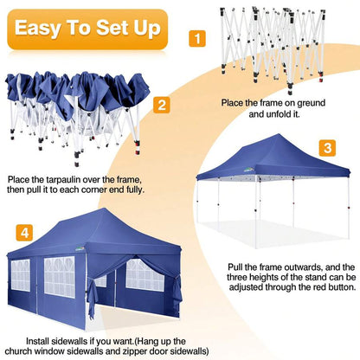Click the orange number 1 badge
[197, 38]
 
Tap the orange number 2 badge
[162, 105]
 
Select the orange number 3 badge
[327, 148]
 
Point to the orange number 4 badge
[24, 233]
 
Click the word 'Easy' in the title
[38, 29]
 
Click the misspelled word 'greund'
[311, 103]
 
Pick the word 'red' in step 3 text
[312, 287]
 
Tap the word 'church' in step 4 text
[18, 351]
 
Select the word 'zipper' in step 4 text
[135, 351]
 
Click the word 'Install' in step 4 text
[38, 341]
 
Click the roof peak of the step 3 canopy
[277, 135]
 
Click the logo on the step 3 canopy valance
[248, 170]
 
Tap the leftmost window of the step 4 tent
[21, 275]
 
